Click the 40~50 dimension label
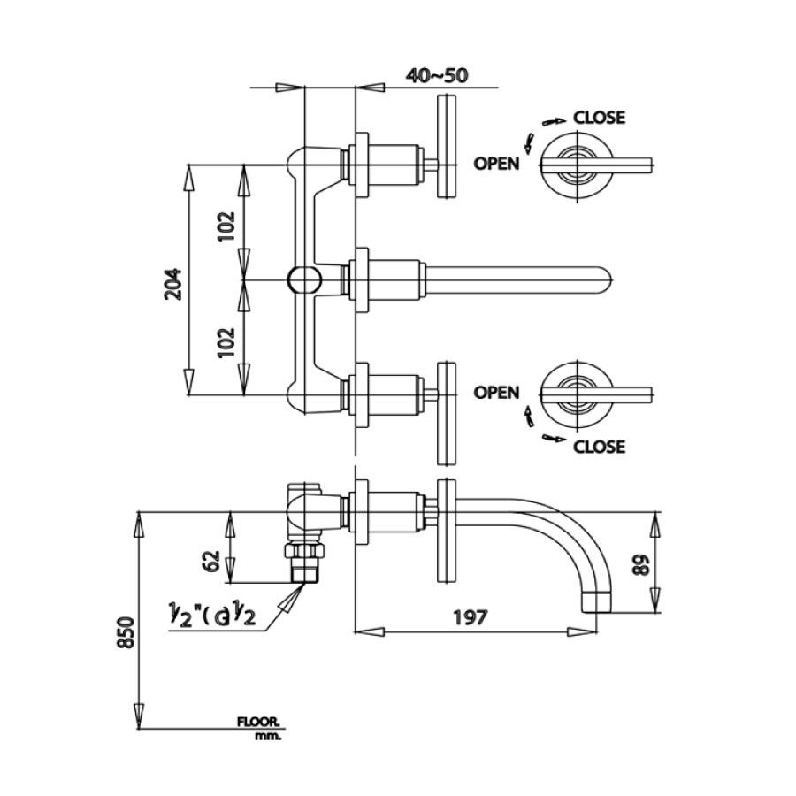(x=436, y=75)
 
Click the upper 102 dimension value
(x=226, y=226)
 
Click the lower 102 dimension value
(x=226, y=340)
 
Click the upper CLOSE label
(x=599, y=117)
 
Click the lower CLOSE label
(x=599, y=447)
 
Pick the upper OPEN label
(x=496, y=163)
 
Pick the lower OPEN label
(x=496, y=392)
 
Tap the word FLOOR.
(x=258, y=723)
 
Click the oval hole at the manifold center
(x=303, y=279)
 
